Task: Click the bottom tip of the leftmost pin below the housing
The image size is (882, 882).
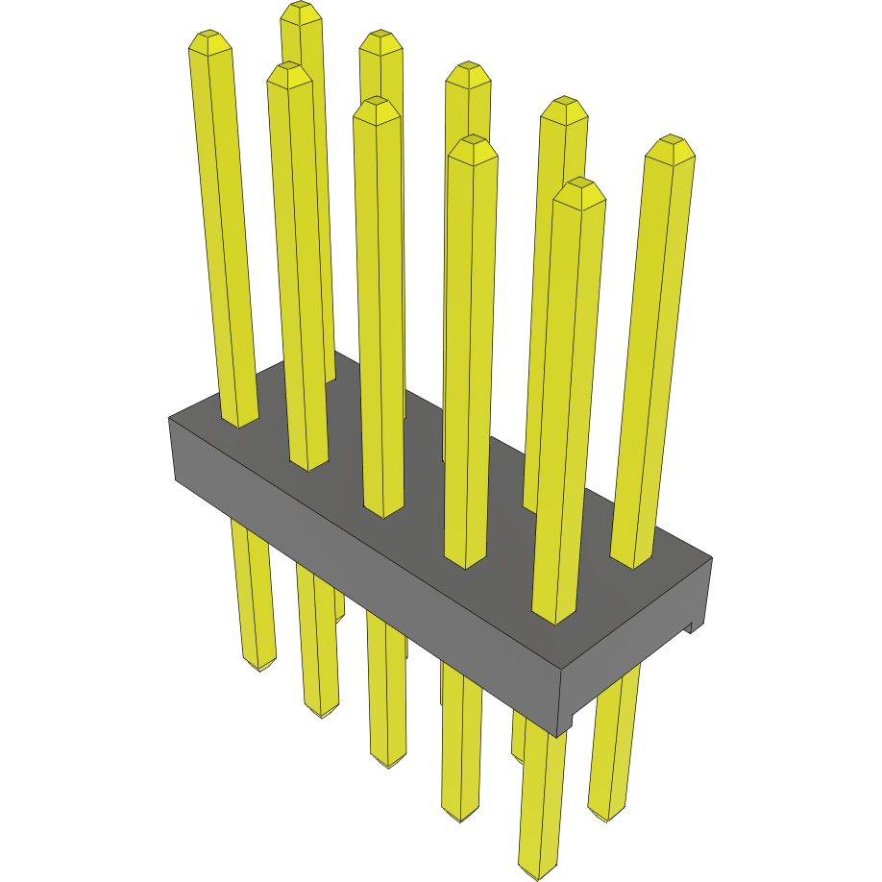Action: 259,666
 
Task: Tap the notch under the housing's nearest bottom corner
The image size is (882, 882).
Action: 567,723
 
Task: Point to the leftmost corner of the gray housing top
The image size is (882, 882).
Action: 169,418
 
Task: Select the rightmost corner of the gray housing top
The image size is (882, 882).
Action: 712,557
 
